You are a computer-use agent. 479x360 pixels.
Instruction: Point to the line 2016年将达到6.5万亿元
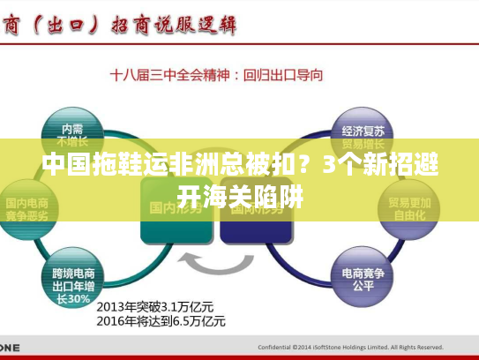pos(161,320)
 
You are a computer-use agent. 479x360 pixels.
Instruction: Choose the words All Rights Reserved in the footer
pos(414,347)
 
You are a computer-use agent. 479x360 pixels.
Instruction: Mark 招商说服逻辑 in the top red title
pos(173,24)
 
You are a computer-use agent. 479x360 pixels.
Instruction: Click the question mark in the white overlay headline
pos(303,165)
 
